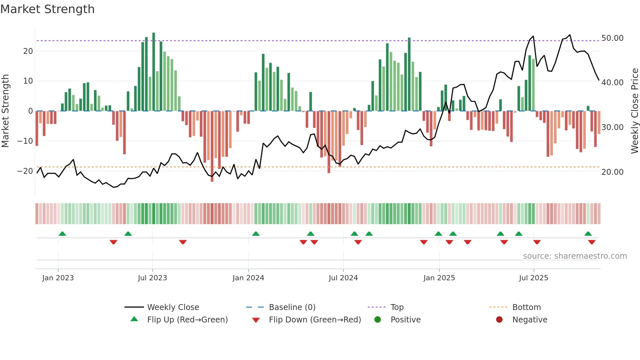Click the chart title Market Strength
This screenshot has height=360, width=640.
tap(48, 9)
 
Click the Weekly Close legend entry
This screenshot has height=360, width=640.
tap(173, 307)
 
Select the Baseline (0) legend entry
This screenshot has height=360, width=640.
tap(292, 307)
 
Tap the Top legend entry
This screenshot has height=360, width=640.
tap(397, 307)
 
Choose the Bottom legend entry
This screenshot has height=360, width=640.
tap(526, 307)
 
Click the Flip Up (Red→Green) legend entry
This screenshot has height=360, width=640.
tap(187, 319)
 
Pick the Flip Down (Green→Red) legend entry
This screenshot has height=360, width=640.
tap(315, 319)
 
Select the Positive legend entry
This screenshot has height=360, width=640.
tap(405, 319)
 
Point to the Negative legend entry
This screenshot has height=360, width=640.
tap(530, 319)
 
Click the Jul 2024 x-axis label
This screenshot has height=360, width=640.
tap(343, 278)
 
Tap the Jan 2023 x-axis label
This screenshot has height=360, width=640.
tap(58, 278)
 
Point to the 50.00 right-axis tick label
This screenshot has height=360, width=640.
tap(612, 38)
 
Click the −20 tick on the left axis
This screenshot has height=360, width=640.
tap(25, 171)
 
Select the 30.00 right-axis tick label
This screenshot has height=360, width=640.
tap(612, 127)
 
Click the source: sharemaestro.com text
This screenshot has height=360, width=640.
tap(575, 256)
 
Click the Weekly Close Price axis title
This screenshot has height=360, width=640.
tap(634, 111)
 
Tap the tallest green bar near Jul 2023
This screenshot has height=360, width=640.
tap(154, 72)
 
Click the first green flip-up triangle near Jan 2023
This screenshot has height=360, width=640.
tap(62, 234)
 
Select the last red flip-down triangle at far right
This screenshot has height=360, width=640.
tap(592, 242)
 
